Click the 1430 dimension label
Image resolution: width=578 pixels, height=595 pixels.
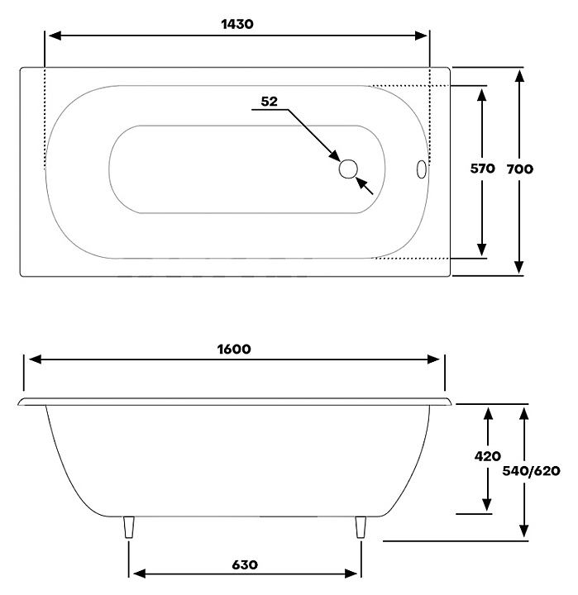[x=236, y=24]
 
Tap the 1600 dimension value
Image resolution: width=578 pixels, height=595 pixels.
[x=234, y=349]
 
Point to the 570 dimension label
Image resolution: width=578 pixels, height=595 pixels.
[x=482, y=169]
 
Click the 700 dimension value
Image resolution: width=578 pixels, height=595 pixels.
[x=519, y=169]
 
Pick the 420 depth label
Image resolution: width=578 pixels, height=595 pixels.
[x=488, y=456]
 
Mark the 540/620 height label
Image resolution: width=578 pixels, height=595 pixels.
[x=532, y=471]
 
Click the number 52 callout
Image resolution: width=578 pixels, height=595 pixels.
[x=269, y=102]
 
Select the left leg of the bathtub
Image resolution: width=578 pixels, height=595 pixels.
[x=128, y=527]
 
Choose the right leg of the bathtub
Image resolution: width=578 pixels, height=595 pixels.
[x=361, y=527]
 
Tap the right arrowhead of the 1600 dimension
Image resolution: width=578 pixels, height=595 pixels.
[x=437, y=359]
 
